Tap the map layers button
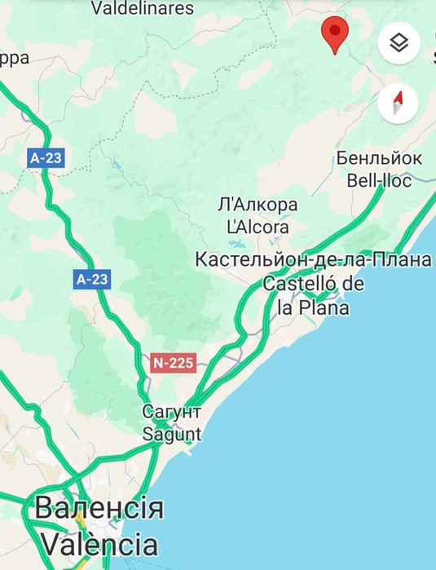[399, 42]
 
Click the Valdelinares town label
[143, 9]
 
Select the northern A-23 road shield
[46, 158]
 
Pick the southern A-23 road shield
[92, 280]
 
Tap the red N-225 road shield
[174, 363]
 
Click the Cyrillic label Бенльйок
[379, 158]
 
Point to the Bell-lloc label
[379, 180]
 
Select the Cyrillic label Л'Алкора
[258, 204]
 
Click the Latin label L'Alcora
[258, 227]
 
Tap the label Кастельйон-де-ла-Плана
[313, 260]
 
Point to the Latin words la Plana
[313, 307]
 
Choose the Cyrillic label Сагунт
[171, 411]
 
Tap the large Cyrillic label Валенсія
[99, 508]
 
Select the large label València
[99, 543]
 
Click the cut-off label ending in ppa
[15, 58]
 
